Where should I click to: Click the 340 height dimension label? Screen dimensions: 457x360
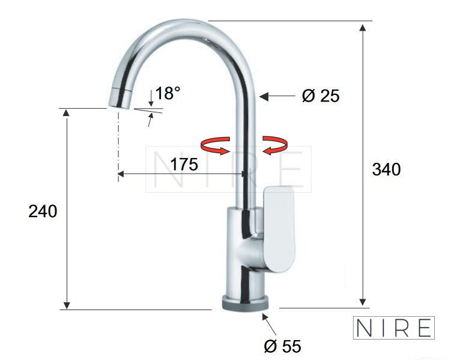(x=386, y=169)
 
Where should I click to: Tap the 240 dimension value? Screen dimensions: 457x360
(x=43, y=211)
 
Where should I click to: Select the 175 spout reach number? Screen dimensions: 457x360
(x=184, y=164)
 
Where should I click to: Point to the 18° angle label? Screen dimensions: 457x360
(x=168, y=93)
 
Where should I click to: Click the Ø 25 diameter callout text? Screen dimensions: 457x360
(x=321, y=96)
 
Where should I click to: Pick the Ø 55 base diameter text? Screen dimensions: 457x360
(x=282, y=346)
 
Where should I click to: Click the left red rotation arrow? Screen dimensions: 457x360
(x=216, y=145)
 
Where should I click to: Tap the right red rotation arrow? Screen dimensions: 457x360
(x=275, y=145)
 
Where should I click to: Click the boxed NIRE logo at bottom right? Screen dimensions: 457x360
(x=393, y=328)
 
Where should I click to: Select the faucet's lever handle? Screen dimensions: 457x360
(x=279, y=229)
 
